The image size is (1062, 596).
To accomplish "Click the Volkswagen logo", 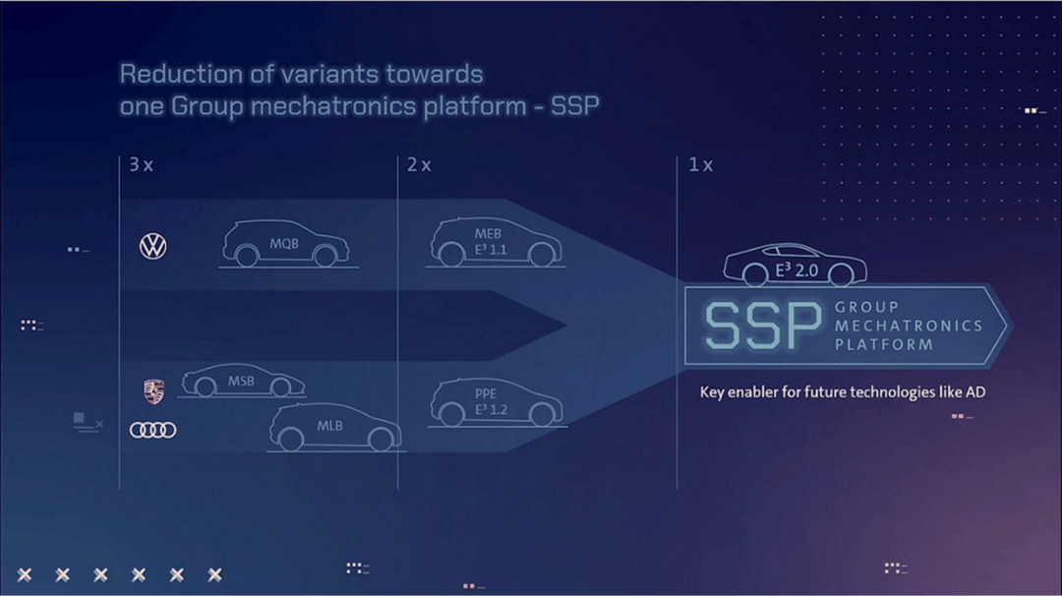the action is [153, 246].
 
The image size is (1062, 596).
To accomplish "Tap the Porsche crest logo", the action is [153, 391].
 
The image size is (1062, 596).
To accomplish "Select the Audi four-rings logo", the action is [153, 430].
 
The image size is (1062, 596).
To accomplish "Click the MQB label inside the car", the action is [284, 244].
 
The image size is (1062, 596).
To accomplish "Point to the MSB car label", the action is [241, 382].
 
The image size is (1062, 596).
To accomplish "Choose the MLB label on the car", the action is [329, 426].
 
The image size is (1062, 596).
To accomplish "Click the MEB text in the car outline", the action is [488, 234].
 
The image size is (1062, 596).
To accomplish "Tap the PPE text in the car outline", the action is [486, 393].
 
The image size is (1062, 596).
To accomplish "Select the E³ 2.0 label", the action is [796, 270].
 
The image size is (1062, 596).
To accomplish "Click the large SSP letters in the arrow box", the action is [763, 327].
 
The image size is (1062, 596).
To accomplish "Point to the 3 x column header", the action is [141, 164].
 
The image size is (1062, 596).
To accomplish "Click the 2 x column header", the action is [419, 164].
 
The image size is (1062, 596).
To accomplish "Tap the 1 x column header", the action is [700, 164].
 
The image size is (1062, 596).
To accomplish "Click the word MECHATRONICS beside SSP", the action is [909, 326].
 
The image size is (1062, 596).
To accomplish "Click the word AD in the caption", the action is [976, 392].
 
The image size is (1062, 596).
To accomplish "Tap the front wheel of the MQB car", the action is [325, 256].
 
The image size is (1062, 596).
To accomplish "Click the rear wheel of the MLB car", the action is [290, 440].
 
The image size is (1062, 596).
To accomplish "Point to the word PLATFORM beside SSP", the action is [884, 345].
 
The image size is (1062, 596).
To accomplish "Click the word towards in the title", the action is [435, 74].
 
